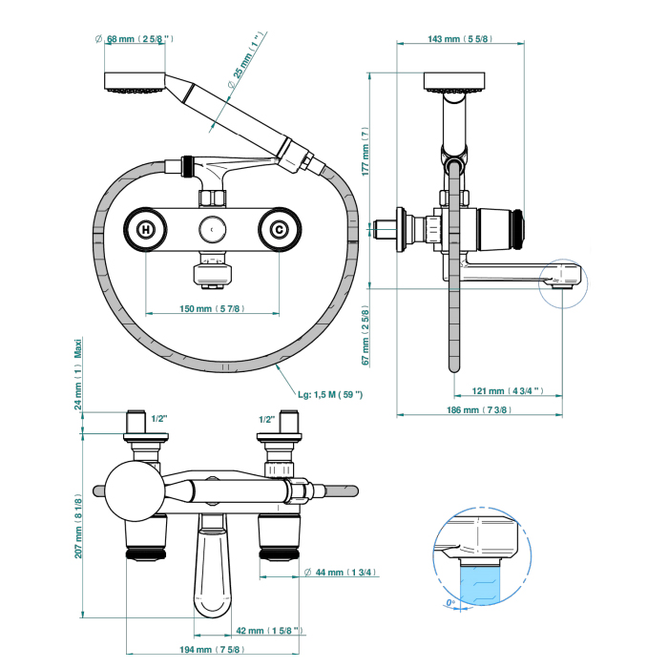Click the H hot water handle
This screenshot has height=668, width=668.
pyautogui.click(x=145, y=229)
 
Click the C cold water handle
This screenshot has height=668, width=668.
pyautogui.click(x=279, y=229)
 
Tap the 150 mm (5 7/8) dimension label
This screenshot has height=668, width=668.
pyautogui.click(x=212, y=308)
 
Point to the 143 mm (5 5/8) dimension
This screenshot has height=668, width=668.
pyautogui.click(x=459, y=39)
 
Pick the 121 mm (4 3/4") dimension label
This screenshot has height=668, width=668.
pyautogui.click(x=509, y=389)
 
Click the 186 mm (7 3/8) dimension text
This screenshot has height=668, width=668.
pyautogui.click(x=478, y=409)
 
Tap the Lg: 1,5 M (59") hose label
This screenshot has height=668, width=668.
pyautogui.click(x=331, y=394)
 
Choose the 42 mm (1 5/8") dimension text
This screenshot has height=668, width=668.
pyautogui.click(x=269, y=630)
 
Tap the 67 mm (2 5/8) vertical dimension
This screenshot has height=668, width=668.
pyautogui.click(x=365, y=335)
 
